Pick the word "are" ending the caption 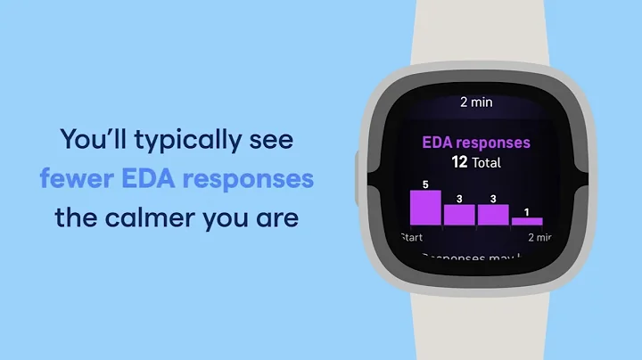tap(277, 217)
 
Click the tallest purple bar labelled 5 tap(425, 208)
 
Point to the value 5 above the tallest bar tap(425, 184)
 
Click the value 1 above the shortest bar tap(526, 212)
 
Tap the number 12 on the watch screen tap(460, 162)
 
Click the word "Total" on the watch tap(487, 163)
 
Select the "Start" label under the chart tap(411, 237)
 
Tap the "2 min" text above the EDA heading tap(476, 102)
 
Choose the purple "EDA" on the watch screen tap(439, 143)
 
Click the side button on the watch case tap(359, 169)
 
